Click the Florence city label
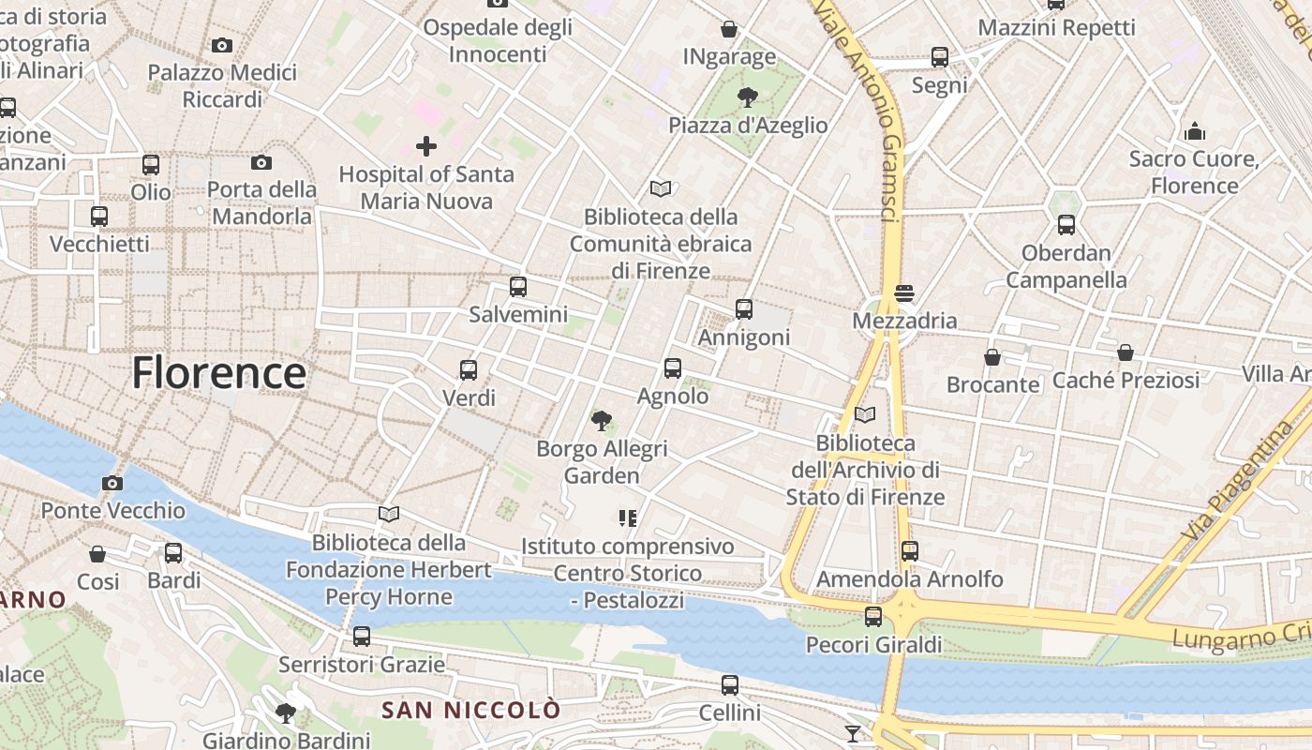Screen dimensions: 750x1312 point(218,373)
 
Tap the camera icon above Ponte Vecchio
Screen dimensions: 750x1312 point(112,483)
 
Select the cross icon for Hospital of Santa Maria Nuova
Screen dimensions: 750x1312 point(426,146)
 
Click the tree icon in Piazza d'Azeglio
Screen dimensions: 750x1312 point(747,97)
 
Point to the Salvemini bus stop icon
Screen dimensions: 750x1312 point(518,287)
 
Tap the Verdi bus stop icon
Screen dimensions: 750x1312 point(469,369)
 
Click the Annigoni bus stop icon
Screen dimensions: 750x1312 point(744,308)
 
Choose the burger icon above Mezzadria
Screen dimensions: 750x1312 point(904,293)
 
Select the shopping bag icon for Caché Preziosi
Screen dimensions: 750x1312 point(1126,353)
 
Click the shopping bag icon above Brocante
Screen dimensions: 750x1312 point(992,357)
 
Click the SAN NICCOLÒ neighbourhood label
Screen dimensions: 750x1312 point(470,710)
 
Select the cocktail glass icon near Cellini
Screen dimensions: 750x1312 point(853,733)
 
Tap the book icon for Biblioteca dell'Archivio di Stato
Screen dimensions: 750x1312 point(865,414)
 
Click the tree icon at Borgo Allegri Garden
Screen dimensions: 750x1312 point(601,421)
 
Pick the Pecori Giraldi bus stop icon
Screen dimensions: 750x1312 point(873,616)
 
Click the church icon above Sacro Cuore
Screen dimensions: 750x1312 point(1195,131)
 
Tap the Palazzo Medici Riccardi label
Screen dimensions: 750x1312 point(222,85)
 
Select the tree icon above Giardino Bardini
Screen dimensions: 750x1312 point(286,713)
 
